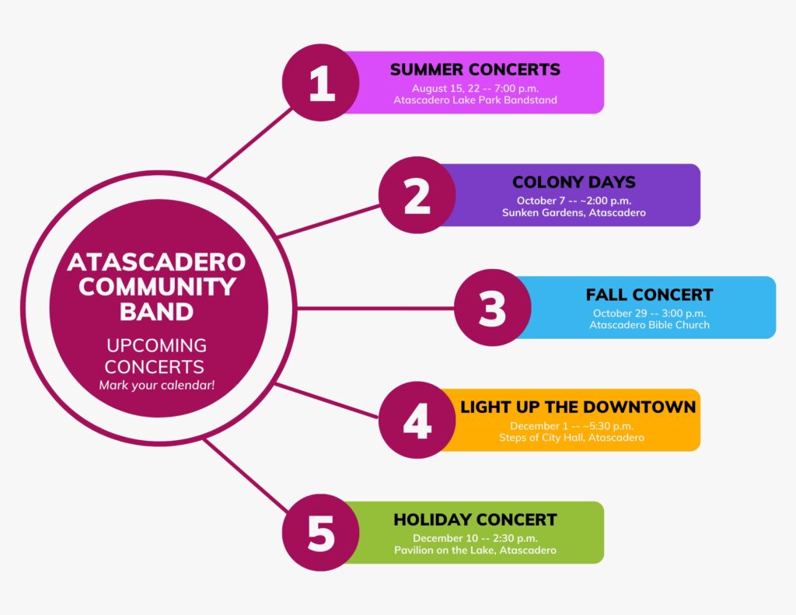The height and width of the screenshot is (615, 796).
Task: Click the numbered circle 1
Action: coord(321,82)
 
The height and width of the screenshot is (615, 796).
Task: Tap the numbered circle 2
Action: coord(417,195)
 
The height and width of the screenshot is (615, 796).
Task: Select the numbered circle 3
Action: coord(492,308)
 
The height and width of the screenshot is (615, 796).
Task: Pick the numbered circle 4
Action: coord(417,420)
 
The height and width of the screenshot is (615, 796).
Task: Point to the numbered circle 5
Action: coord(321,533)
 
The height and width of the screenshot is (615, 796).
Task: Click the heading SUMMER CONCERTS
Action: coord(475,69)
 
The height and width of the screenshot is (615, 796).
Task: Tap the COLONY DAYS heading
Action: coord(574,182)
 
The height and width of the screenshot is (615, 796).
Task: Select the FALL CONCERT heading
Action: coord(649,295)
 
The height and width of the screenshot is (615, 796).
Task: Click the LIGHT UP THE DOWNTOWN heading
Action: coord(578,407)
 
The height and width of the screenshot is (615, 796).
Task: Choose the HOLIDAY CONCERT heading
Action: coord(475,519)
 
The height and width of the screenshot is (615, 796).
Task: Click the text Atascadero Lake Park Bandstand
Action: coord(475,100)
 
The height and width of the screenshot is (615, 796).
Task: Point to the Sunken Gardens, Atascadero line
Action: coord(574,213)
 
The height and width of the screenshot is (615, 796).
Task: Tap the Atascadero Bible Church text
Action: coord(649,325)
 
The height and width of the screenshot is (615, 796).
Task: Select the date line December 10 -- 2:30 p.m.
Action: coord(475,538)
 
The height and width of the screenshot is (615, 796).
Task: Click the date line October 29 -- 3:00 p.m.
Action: coord(649,313)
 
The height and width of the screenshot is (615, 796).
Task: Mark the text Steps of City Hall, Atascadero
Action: coord(571,438)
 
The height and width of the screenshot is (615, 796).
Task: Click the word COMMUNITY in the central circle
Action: coord(157,287)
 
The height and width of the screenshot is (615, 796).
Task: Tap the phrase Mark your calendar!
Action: coord(157,386)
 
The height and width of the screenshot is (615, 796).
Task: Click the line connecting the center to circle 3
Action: coord(375,308)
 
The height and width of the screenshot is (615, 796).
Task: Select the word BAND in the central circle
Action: coord(157,312)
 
